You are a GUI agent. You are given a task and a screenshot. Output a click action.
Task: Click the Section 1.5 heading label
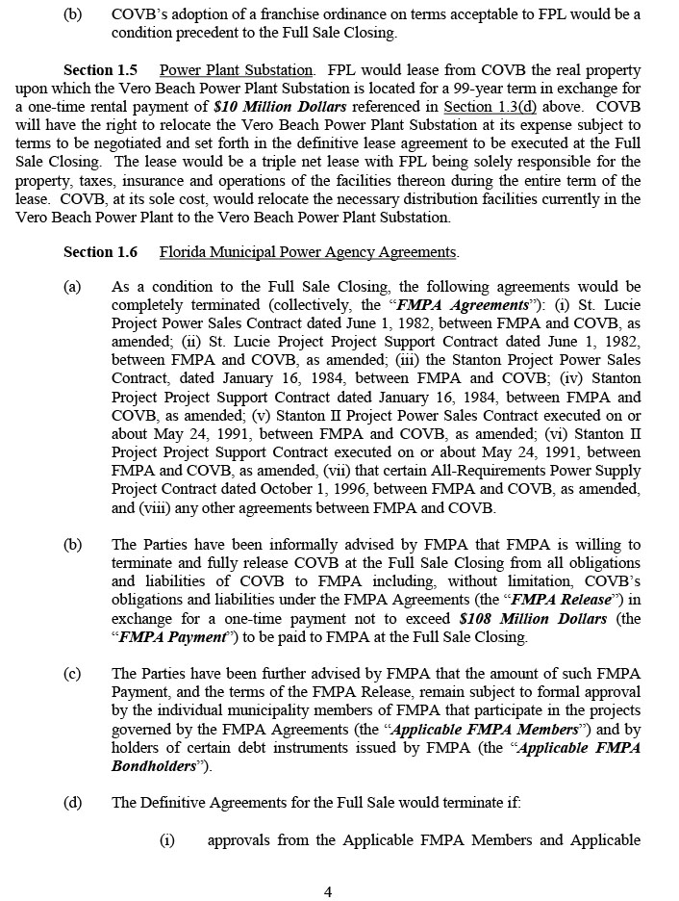100,70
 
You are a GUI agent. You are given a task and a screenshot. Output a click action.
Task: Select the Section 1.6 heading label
100,252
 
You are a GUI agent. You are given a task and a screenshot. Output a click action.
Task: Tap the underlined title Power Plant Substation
237,70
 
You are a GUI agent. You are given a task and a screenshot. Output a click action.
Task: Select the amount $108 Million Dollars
533,619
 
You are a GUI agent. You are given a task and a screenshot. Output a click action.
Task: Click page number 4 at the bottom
328,891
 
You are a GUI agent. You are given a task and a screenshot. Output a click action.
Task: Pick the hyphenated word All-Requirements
419,472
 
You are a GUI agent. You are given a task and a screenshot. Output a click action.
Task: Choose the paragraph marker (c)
72,674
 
